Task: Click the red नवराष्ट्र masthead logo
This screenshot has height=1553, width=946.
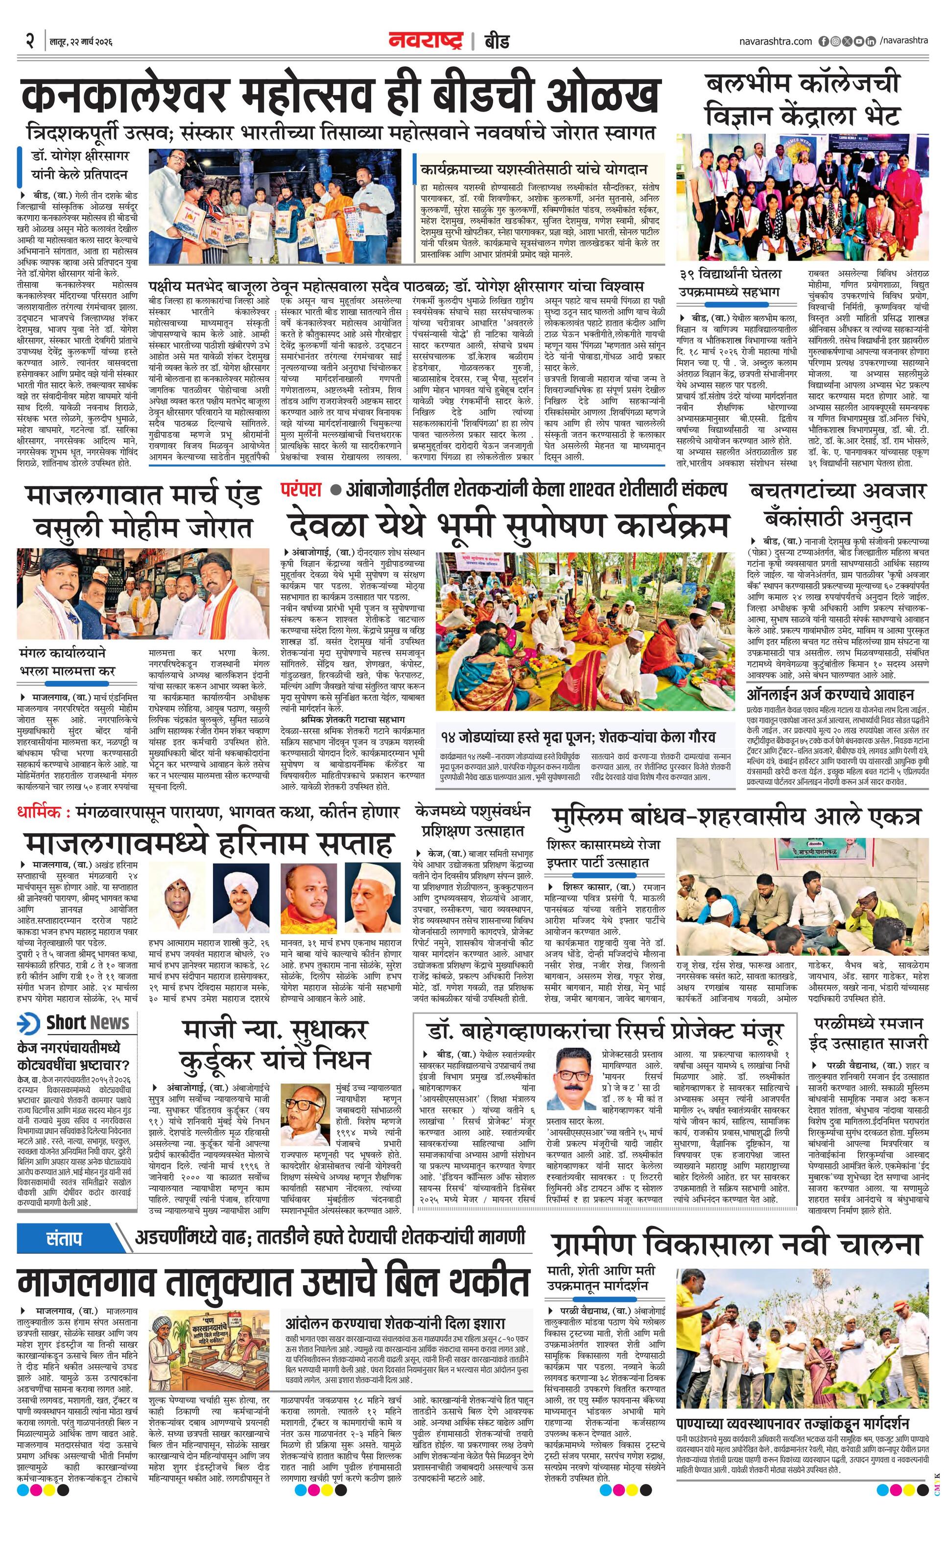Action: (426, 41)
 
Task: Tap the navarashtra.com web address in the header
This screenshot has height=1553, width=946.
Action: (775, 42)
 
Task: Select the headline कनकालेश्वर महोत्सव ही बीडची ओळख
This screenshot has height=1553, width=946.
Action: (339, 96)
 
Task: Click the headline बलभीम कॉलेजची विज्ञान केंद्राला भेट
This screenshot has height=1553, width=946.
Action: (803, 99)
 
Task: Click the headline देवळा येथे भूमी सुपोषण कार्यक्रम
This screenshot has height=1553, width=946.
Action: (507, 525)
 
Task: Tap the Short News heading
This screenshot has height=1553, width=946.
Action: (87, 1022)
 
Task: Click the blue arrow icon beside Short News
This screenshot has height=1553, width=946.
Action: (28, 1023)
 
